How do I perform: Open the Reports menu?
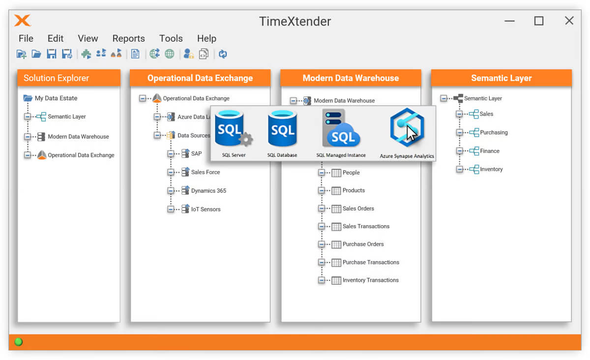128,38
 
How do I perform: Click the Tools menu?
171,38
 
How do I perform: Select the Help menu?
207,38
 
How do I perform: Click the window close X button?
569,21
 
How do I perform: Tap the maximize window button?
539,21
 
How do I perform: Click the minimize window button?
509,21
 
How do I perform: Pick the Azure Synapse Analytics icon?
407,127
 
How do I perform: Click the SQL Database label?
282,155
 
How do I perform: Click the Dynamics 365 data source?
208,190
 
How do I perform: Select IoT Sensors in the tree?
206,209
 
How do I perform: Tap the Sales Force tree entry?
206,172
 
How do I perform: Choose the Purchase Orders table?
363,244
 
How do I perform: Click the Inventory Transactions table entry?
371,280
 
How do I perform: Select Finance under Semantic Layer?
490,151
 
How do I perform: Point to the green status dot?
19,342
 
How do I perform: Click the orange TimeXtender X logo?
23,21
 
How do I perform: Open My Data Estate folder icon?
28,98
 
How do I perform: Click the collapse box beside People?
322,173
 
